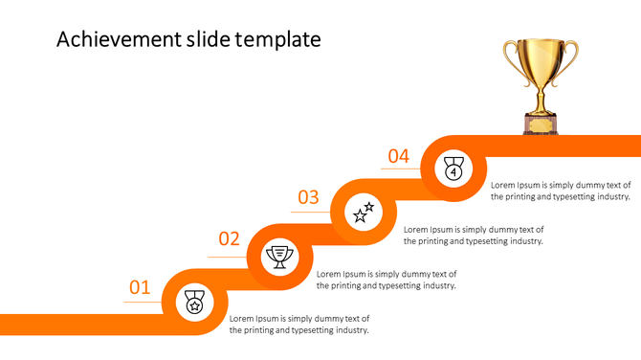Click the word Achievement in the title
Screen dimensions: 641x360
116,39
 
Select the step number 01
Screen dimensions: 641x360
140,287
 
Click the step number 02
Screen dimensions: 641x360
229,239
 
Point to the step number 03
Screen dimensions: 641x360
308,198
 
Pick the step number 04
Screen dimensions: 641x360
398,156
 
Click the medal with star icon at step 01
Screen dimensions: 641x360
194,303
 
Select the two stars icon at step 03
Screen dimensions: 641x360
365,212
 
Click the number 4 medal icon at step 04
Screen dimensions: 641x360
453,169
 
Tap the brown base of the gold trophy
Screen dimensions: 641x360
541,124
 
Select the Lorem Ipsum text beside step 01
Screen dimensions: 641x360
299,325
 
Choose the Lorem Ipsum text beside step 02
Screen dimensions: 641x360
387,280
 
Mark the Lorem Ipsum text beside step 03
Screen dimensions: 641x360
474,236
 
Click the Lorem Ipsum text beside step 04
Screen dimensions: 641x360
561,191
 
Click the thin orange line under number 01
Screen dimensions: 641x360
142,302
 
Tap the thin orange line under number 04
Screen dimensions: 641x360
400,169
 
